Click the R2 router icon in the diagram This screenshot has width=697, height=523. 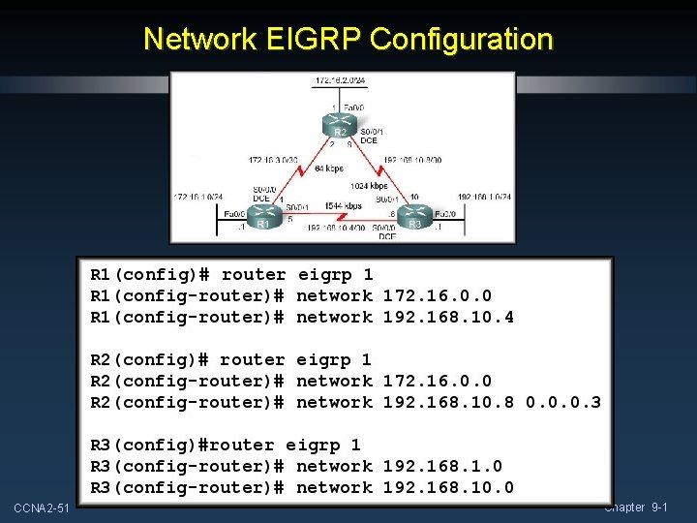pyautogui.click(x=340, y=127)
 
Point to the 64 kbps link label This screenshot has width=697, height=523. pyautogui.click(x=327, y=169)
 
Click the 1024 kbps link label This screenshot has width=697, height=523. pyautogui.click(x=371, y=185)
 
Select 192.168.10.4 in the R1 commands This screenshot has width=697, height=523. pyautogui.click(x=448, y=317)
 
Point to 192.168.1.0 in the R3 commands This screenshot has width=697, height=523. pyautogui.click(x=442, y=466)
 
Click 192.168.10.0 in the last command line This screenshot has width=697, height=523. pyautogui.click(x=448, y=487)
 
